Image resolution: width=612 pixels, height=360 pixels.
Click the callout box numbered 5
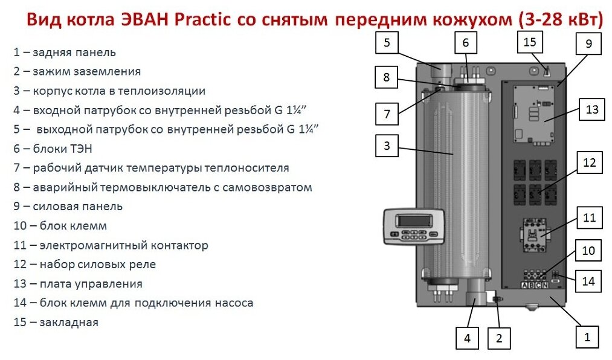click(387, 43)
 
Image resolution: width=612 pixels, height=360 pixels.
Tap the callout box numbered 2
click(498, 338)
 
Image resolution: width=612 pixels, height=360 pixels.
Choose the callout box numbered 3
click(387, 145)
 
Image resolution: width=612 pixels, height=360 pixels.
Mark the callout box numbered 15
click(530, 43)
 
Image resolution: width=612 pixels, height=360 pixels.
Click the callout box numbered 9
click(588, 44)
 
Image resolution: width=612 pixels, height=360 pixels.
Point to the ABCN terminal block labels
click(534, 285)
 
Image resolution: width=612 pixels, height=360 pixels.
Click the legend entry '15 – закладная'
click(56, 322)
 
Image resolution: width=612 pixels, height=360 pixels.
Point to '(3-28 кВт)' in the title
click(560, 21)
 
